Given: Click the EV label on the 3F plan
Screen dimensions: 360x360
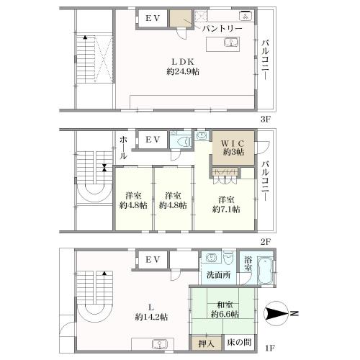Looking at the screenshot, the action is [x=153, y=18].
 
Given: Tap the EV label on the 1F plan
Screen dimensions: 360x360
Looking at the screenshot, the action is [x=153, y=259].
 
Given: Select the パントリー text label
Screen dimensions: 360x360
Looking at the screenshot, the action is [x=222, y=29].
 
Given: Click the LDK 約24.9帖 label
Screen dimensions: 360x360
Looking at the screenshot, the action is [x=183, y=67].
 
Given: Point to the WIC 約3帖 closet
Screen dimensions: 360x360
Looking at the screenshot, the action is [x=233, y=148].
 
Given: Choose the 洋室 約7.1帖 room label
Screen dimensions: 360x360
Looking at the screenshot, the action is [x=226, y=204].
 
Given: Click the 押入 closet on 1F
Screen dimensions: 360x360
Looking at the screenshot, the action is [x=207, y=343].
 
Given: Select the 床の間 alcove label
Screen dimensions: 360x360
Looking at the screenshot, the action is [x=239, y=342].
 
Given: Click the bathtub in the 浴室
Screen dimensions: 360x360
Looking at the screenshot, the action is [x=265, y=270].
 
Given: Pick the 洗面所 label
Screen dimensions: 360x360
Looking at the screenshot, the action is [x=218, y=275].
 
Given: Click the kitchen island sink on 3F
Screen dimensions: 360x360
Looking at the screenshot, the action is [x=231, y=42].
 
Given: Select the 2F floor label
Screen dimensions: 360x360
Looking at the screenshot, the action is [x=266, y=242].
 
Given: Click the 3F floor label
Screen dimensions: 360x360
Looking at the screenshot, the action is [x=266, y=120].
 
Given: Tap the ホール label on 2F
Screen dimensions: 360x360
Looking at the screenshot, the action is [x=123, y=148].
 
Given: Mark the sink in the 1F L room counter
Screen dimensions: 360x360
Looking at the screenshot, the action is [x=159, y=344].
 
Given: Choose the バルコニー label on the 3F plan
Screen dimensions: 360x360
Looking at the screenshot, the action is [x=266, y=60].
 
